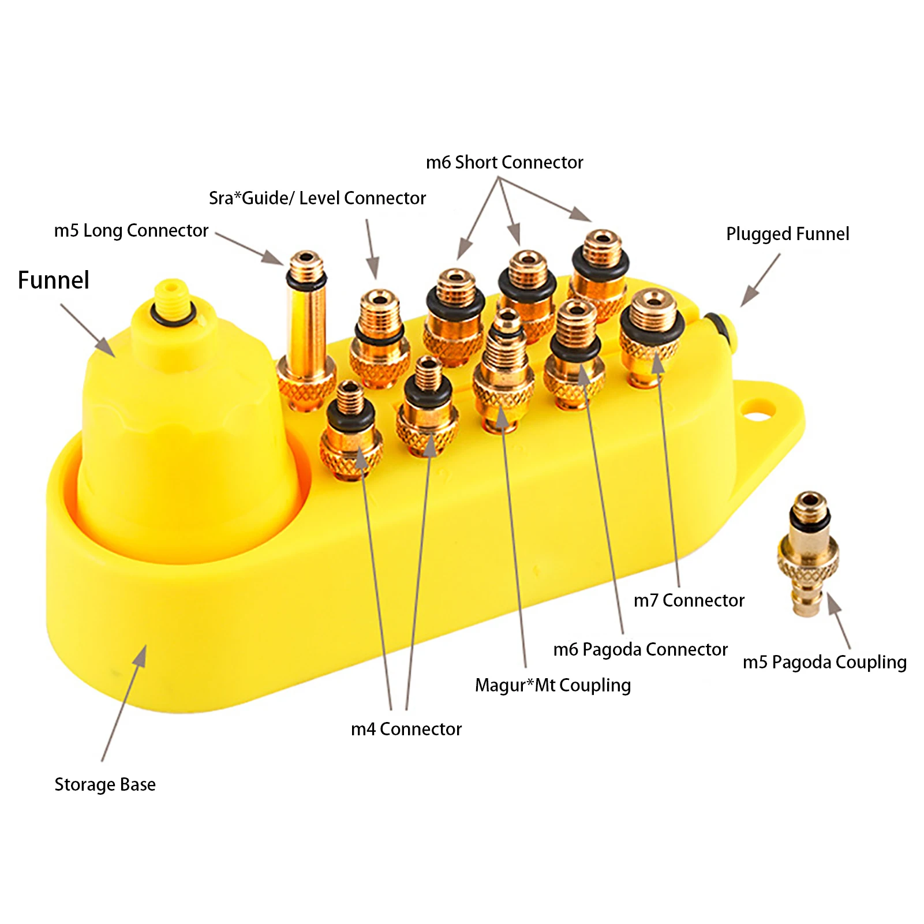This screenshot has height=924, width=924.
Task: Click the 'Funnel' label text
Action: (53, 280)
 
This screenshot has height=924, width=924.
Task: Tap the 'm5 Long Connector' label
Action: (131, 231)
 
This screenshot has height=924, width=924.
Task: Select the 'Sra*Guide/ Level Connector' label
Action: (317, 199)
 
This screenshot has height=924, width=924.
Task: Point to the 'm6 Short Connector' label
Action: (504, 163)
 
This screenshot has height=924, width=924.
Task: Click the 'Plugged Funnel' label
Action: (787, 234)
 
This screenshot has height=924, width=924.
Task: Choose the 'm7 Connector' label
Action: (689, 601)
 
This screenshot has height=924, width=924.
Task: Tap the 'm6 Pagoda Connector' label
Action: (640, 650)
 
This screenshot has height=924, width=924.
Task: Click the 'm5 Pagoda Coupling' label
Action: (824, 663)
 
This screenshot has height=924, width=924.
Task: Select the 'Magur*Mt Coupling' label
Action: (552, 686)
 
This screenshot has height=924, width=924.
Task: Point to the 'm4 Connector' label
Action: (406, 730)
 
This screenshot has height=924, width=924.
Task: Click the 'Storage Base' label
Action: (105, 785)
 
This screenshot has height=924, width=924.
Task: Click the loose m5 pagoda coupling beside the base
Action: (807, 554)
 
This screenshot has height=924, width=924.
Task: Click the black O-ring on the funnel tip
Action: (172, 315)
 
